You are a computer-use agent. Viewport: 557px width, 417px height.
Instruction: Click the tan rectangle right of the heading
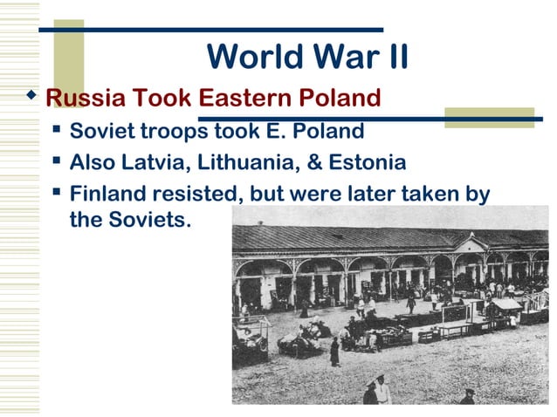[488, 118]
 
